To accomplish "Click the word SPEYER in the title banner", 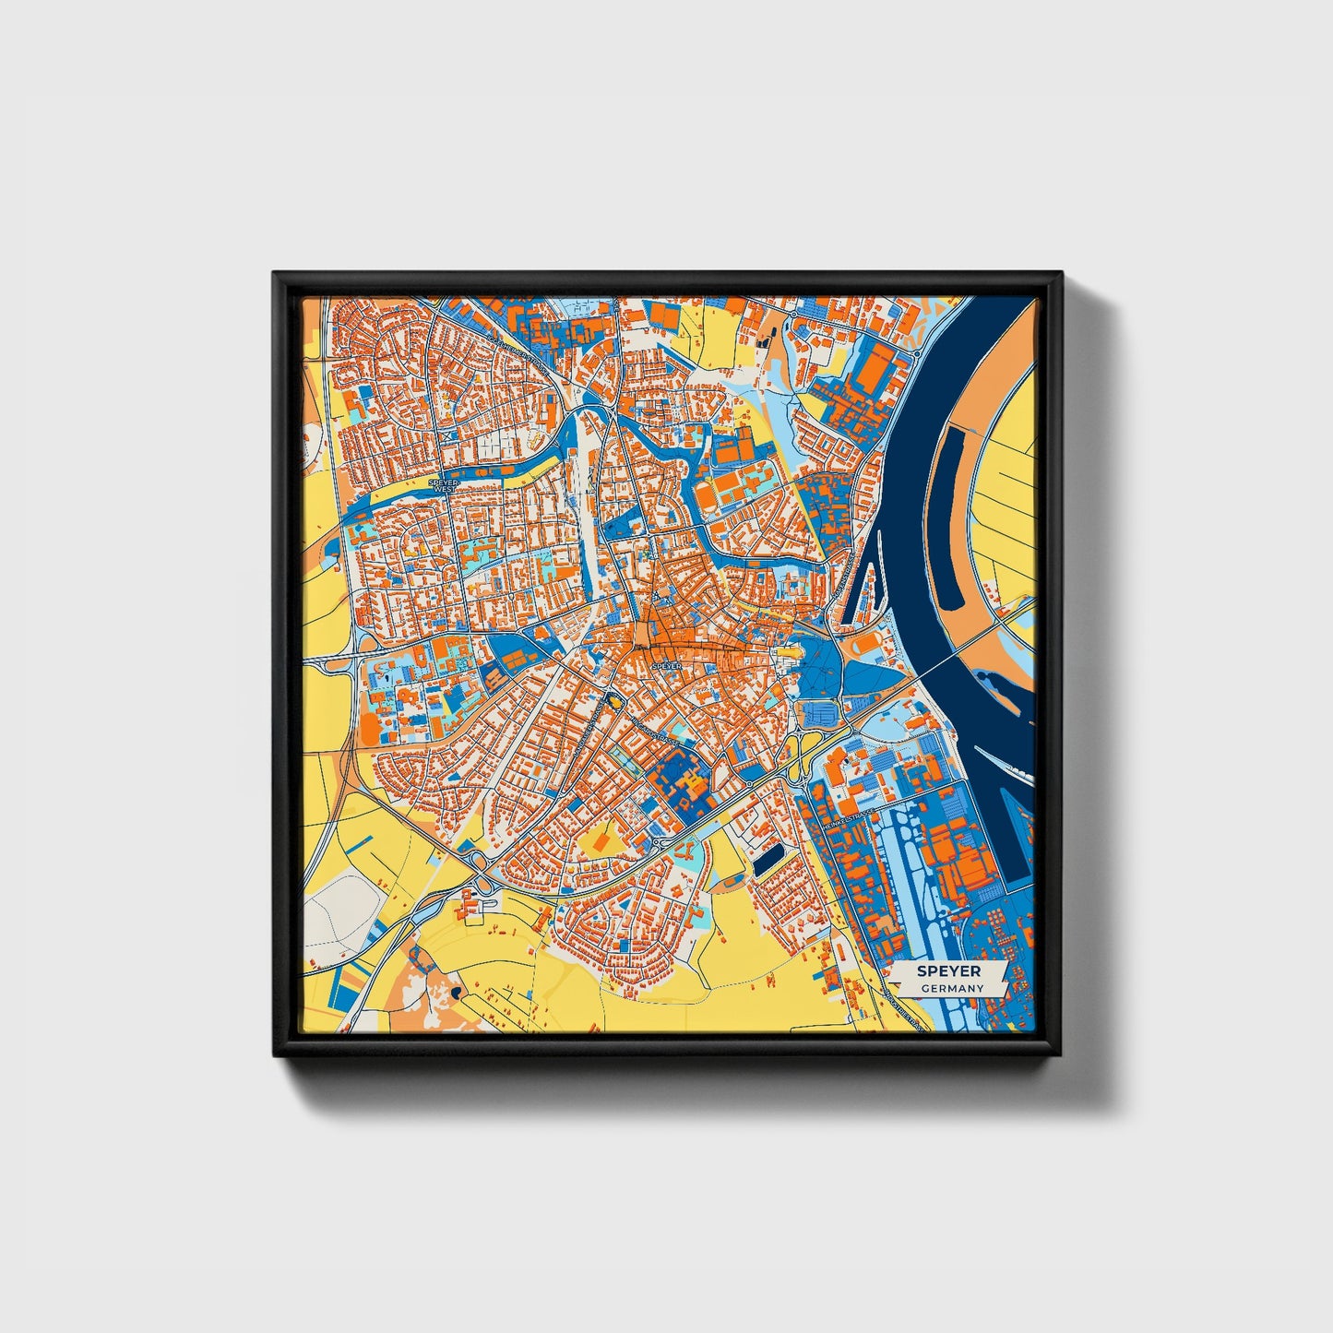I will [x=948, y=971].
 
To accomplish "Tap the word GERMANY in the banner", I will [x=952, y=988].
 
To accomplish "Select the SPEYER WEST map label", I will [x=444, y=482].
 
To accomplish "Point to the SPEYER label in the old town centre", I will [x=666, y=665].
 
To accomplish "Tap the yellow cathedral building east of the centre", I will [x=789, y=654].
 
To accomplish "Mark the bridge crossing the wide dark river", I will [x=959, y=655].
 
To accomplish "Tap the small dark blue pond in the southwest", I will [x=455, y=993].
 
